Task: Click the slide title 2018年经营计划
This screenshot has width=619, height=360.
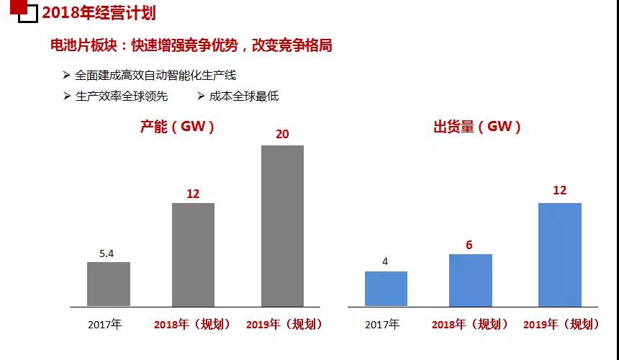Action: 99,13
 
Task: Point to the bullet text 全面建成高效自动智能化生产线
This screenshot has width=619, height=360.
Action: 155,75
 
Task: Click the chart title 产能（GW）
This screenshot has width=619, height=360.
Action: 177,127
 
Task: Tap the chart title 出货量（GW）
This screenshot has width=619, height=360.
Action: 477,127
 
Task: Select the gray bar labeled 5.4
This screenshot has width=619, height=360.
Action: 109,284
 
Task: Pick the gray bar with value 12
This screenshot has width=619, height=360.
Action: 193,254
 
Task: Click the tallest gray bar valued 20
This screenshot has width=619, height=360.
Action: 282,225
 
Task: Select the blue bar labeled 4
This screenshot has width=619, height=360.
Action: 386,288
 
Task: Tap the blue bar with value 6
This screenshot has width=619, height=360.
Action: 470,279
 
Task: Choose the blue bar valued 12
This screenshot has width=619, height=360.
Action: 559,254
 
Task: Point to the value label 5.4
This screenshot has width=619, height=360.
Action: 108,253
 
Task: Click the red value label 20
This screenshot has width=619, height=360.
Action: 282,134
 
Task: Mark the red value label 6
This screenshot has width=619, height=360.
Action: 469,245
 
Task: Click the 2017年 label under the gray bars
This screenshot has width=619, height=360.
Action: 105,324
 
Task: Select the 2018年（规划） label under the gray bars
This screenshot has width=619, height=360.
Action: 192,324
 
